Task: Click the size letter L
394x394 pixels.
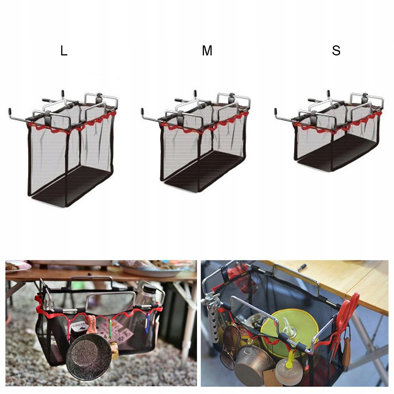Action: [x=64, y=51]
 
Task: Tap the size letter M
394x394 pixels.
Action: [x=207, y=50]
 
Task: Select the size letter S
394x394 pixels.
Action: [x=336, y=50]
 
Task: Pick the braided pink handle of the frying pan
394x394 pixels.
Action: [x=90, y=324]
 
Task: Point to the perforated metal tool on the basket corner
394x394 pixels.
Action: [x=212, y=322]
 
